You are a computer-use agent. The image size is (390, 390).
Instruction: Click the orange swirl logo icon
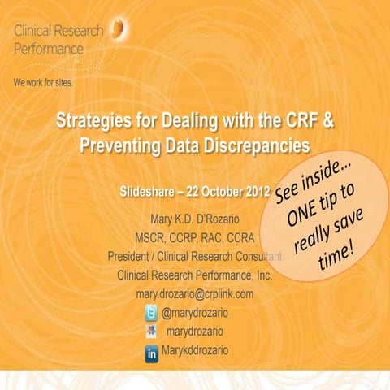[119, 30]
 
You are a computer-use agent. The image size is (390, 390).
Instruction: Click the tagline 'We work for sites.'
[47, 84]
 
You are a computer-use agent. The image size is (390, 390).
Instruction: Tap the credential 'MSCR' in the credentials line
[153, 237]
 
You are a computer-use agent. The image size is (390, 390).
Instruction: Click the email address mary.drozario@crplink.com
[195, 293]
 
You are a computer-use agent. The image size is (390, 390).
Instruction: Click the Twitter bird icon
[151, 312]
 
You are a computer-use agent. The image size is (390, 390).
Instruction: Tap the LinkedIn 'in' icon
[151, 350]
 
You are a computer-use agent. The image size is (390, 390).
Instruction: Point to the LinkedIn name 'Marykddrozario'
[196, 350]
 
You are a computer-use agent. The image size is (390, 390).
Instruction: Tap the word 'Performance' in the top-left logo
[48, 49]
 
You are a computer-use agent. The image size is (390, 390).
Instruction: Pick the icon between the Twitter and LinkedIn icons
[151, 331]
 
